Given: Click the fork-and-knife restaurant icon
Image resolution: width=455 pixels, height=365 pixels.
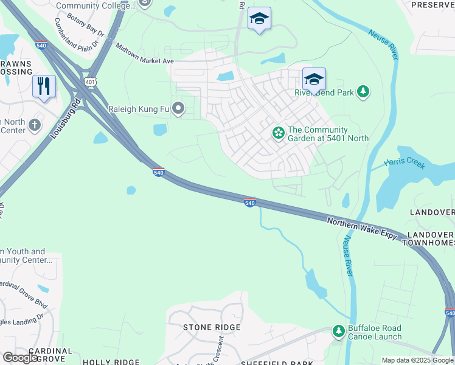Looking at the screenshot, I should click(44, 86).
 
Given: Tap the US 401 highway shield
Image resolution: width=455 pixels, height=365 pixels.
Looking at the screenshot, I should click(90, 82).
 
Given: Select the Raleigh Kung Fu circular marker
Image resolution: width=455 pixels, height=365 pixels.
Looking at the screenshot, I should click(178, 109).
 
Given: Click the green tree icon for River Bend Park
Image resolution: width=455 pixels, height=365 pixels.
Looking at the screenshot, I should click(363, 92).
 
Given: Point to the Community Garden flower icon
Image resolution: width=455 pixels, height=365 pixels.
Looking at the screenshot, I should click(278, 133).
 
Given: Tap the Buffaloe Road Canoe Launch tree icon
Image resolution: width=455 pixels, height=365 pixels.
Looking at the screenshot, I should click(339, 332).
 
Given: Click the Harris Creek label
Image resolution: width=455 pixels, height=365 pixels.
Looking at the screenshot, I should click(405, 163).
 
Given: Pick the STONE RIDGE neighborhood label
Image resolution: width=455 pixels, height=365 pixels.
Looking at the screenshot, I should click(212, 327).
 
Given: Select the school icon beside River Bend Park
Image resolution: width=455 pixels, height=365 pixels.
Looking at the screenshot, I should click(314, 79).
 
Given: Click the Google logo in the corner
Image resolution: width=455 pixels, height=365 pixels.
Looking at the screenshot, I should click(19, 358).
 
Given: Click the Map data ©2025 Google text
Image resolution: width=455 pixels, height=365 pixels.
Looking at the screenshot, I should click(417, 360).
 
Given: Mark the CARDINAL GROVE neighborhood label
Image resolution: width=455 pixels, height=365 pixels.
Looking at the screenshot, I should click(38, 355).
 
